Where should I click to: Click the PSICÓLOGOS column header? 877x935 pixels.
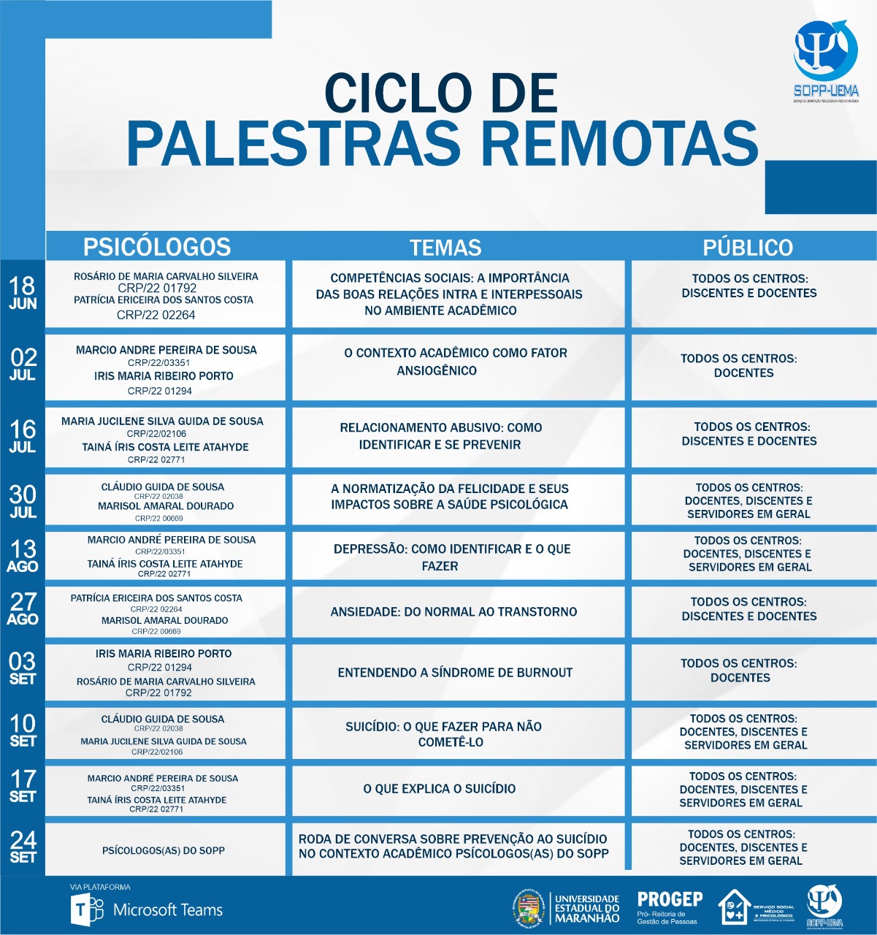tap(156, 246)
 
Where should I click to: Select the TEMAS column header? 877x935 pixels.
tap(445, 247)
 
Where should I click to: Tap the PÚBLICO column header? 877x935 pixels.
tap(748, 247)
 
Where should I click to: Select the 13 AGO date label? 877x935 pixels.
tap(23, 556)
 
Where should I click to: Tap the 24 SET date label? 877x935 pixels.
tap(23, 847)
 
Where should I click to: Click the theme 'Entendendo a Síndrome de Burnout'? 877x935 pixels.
tap(455, 673)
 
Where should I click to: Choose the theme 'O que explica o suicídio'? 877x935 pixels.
tap(440, 789)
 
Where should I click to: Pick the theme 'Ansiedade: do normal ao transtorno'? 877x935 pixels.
tap(453, 612)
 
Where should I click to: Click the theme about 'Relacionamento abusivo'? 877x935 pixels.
tap(440, 436)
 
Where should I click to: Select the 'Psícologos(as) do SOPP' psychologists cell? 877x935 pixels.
tap(164, 851)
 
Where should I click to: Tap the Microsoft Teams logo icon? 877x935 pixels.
tap(86, 910)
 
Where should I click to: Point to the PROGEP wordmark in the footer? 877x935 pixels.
tap(670, 900)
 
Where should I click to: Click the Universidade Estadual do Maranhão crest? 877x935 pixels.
tap(528, 907)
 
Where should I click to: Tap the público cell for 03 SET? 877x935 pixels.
tap(739, 671)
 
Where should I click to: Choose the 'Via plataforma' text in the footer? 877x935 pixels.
tap(100, 887)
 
